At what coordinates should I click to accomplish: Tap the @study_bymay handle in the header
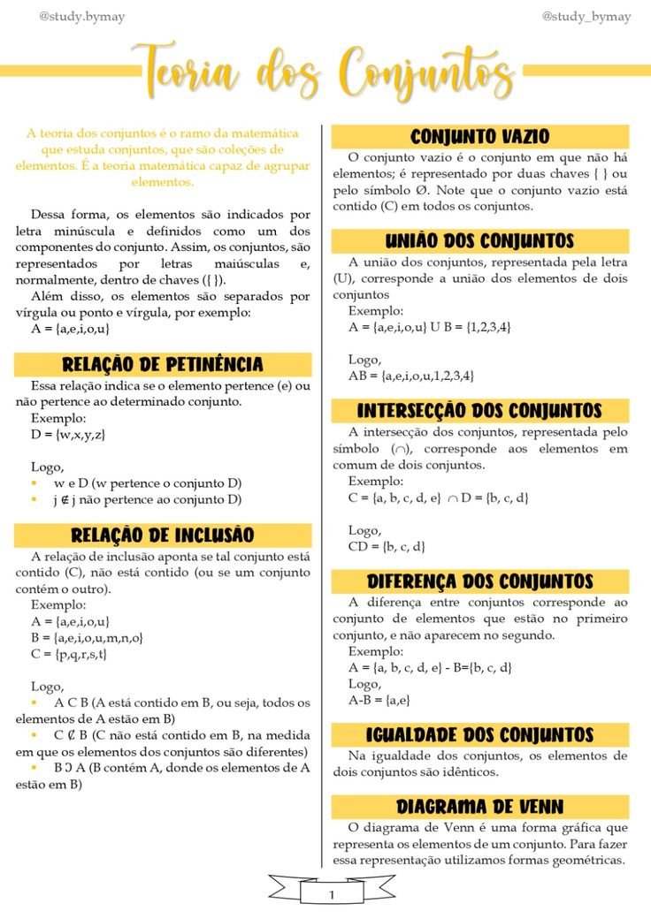tap(586, 17)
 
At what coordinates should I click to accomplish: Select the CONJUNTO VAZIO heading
tap(479, 137)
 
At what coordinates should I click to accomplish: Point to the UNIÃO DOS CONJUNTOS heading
tap(479, 241)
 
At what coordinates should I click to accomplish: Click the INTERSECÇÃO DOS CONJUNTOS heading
tap(479, 411)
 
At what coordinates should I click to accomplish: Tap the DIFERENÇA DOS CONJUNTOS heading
tap(479, 581)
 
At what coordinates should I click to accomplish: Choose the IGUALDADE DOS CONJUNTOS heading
tap(479, 735)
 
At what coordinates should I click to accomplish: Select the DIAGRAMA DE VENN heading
tap(479, 807)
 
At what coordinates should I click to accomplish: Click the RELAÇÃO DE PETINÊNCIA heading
tap(163, 365)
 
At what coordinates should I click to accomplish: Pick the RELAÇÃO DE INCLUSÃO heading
tap(163, 535)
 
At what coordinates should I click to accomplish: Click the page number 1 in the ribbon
tap(332, 894)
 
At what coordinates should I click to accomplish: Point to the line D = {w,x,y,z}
tap(68, 435)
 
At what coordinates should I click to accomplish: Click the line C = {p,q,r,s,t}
tap(68, 654)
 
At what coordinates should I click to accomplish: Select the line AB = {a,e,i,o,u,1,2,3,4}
tap(410, 376)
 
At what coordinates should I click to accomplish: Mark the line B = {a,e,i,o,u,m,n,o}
tap(87, 637)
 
